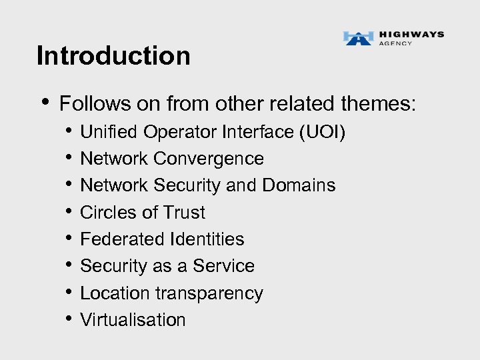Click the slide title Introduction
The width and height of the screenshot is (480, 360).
point(113,55)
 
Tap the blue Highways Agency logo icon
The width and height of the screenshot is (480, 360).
point(358,38)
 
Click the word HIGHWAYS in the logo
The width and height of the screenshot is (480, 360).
point(411,35)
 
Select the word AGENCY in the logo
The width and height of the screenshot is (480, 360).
point(395,44)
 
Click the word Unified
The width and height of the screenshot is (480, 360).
point(105,133)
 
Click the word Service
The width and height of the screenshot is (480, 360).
point(224,266)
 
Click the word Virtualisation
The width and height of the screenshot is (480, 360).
point(133,320)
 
